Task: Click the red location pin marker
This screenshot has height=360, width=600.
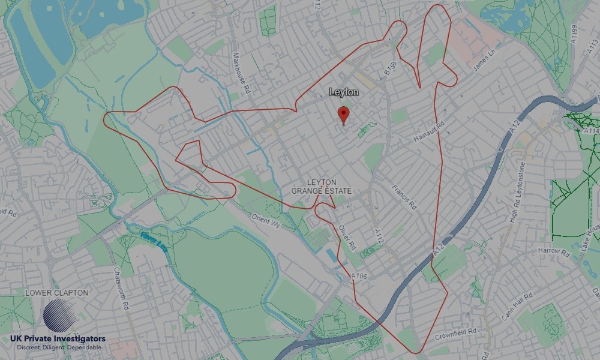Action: point(344,114)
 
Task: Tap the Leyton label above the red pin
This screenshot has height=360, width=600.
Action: point(344,92)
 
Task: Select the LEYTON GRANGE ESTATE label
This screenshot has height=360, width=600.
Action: point(322,186)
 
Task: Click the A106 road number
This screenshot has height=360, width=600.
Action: point(359,275)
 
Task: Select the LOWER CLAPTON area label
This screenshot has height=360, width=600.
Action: point(56,293)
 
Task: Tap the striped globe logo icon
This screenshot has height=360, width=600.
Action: point(60,316)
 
